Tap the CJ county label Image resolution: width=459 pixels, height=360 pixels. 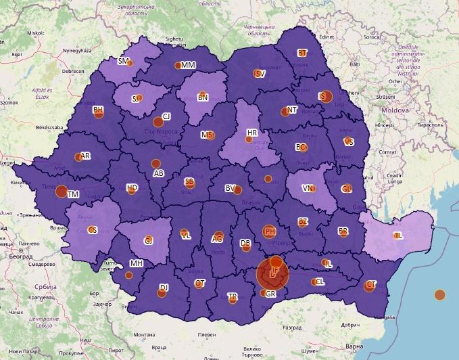[x=166, y=116]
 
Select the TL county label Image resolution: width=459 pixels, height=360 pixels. [x=398, y=235]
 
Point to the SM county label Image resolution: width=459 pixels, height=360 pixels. [x=123, y=61]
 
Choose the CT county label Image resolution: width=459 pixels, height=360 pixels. [x=370, y=284]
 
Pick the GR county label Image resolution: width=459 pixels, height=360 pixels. [x=270, y=294]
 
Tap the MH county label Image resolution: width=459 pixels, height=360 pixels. [x=137, y=263]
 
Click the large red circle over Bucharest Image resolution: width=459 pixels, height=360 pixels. [x=272, y=274]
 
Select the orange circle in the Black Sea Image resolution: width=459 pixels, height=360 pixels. [x=439, y=294]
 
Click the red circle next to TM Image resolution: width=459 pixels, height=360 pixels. [x=61, y=192]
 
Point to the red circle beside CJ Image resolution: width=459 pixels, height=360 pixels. [x=158, y=122]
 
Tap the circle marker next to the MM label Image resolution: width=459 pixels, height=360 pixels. [x=178, y=66]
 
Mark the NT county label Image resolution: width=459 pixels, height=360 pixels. [x=292, y=110]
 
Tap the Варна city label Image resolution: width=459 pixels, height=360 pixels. [x=354, y=346]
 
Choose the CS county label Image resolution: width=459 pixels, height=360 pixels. [x=93, y=230]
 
